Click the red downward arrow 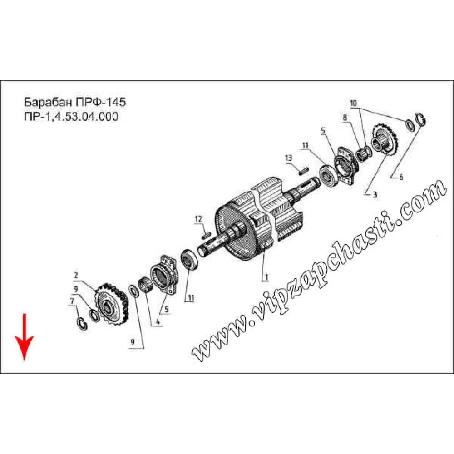(x=25, y=337)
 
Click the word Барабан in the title (x=49, y=102)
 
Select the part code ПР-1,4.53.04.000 (x=71, y=117)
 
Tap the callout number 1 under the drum (x=266, y=277)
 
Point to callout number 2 (x=76, y=275)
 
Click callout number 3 (x=375, y=195)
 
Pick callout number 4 (x=158, y=322)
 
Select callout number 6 (x=401, y=177)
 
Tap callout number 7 (x=72, y=301)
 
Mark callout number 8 (x=345, y=117)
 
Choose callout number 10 (x=353, y=104)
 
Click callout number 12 (x=198, y=219)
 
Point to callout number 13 (x=289, y=158)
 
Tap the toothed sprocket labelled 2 (x=112, y=304)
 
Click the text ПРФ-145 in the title (x=101, y=102)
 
